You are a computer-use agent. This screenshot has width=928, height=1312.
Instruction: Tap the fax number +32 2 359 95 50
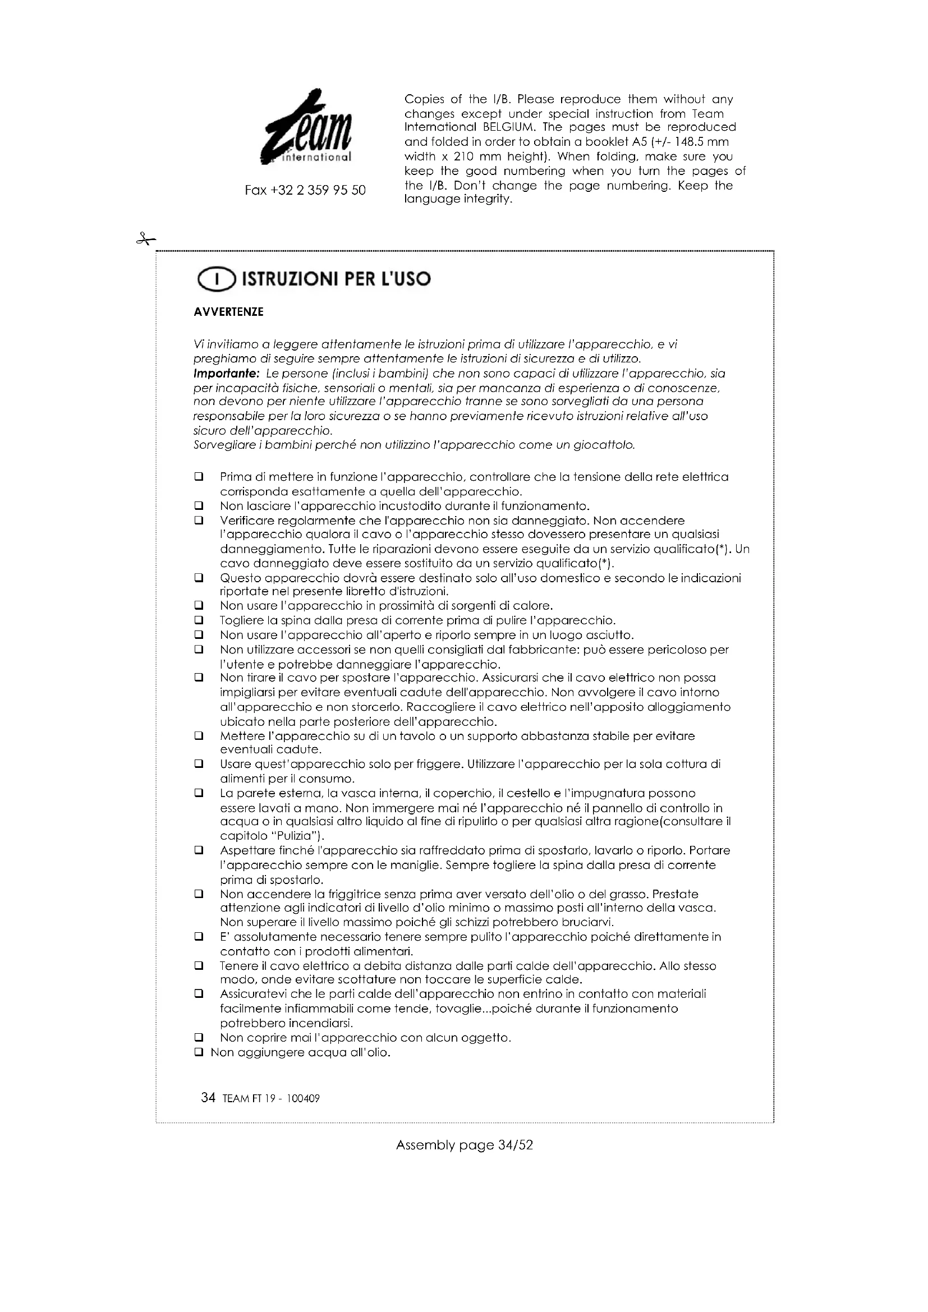[x=305, y=190]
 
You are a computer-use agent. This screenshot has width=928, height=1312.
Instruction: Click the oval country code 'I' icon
[x=215, y=280]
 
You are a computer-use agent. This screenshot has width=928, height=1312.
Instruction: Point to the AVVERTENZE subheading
[x=228, y=312]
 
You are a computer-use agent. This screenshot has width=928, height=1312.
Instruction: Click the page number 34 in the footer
[x=208, y=1098]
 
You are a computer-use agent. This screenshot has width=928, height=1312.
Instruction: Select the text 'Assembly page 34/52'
[x=464, y=1145]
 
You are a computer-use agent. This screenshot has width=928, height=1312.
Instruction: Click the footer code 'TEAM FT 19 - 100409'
[x=271, y=1099]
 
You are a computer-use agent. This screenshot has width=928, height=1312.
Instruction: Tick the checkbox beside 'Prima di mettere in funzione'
[x=199, y=477]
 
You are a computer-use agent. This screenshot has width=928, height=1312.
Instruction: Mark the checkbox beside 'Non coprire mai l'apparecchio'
[x=199, y=1037]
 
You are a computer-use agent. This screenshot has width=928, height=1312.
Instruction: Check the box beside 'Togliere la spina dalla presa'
[x=199, y=620]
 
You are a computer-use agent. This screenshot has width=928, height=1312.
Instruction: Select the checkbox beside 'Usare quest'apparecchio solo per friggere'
[x=199, y=764]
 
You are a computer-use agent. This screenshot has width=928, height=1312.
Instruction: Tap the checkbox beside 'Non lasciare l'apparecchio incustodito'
[x=199, y=506]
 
